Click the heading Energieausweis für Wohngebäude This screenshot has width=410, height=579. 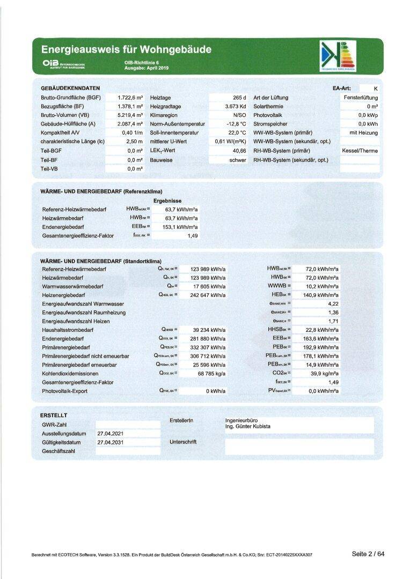tap(126, 50)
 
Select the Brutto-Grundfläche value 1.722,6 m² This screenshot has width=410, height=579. tap(130, 98)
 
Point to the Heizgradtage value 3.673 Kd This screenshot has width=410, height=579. tap(235, 106)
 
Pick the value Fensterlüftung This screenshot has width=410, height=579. tap(361, 98)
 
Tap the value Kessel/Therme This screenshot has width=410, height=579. tap(360, 151)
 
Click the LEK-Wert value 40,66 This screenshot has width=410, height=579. tap(236, 151)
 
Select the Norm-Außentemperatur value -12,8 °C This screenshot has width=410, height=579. tap(235, 124)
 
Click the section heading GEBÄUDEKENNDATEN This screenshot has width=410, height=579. tap(70, 88)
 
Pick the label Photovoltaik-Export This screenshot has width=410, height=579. tap(64, 391)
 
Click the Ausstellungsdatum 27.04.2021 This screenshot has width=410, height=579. tap(111, 433)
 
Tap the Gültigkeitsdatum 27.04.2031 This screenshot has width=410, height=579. tap(111, 442)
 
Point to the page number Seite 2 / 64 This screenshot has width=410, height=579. tap(368, 554)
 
